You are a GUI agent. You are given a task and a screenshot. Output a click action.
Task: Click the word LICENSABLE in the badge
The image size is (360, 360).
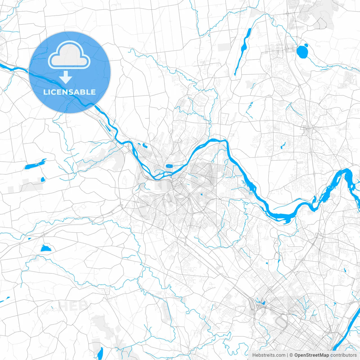coord(69,92)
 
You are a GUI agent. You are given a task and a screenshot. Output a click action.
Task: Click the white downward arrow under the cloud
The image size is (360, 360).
coord(66,77)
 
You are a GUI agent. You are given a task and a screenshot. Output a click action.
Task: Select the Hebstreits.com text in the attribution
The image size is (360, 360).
coord(269,355)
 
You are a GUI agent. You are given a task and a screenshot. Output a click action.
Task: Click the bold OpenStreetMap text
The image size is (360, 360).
coord(312,355)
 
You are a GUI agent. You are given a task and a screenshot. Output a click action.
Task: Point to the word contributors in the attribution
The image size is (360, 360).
coord(343,355)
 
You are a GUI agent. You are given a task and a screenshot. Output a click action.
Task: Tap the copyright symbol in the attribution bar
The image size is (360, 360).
coord(291,355)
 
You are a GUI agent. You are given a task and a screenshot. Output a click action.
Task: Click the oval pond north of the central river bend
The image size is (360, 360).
coord(169,166)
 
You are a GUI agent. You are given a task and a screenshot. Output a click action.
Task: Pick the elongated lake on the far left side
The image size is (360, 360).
coord(35,165)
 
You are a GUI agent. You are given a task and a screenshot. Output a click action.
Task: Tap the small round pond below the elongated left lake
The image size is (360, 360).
coord(43,179)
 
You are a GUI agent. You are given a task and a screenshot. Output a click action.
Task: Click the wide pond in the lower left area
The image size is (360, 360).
coord(46,248)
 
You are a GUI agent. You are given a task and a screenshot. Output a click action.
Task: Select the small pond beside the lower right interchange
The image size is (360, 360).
coord(263,303)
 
